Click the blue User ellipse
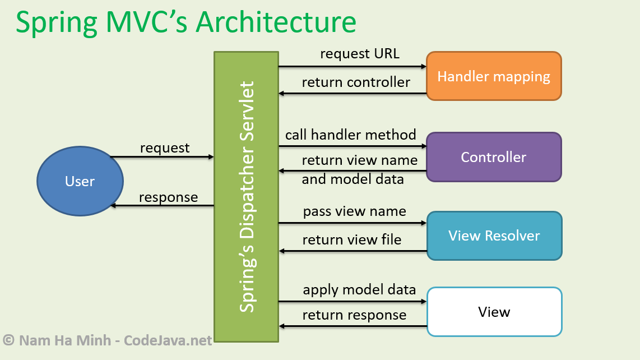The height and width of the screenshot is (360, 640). [x=80, y=181]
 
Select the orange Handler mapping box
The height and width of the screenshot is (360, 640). [x=494, y=76]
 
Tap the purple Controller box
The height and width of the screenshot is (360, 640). [x=494, y=157]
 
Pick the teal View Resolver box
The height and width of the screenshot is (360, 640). [x=494, y=236]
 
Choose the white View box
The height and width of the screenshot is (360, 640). [x=494, y=312]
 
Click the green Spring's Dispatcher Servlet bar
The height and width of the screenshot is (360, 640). [x=246, y=197]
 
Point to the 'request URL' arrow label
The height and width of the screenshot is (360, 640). [x=359, y=54]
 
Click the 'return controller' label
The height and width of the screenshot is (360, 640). [x=356, y=82]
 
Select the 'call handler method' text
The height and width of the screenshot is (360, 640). [x=350, y=135]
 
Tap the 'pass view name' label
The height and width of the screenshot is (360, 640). [x=354, y=211]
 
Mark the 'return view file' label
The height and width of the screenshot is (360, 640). [x=352, y=240]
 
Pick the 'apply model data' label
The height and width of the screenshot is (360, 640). [x=359, y=289]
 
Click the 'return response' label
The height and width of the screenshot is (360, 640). [x=354, y=315]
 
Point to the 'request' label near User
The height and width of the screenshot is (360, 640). [x=165, y=148]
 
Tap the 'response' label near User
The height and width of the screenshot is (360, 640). [x=168, y=197]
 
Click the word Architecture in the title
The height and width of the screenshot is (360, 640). [x=276, y=22]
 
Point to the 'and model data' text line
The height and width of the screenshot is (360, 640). [x=353, y=179]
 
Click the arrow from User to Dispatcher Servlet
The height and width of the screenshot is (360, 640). [x=162, y=157]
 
